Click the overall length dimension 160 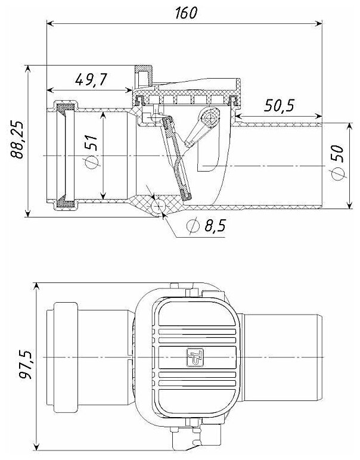point(185,13)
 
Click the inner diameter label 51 point(91,146)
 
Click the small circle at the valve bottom point(159,206)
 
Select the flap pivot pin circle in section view point(209,119)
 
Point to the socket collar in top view point(66,356)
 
